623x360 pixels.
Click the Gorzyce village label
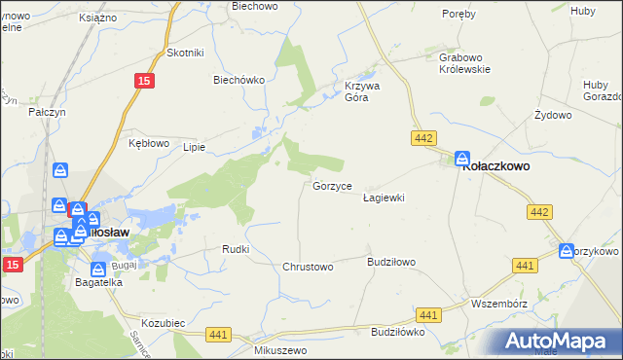click(338, 186)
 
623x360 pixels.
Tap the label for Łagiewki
click(383, 198)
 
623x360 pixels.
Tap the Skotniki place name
click(185, 53)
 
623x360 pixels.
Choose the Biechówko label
click(239, 81)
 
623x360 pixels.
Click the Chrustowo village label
click(308, 267)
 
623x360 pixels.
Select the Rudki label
click(236, 249)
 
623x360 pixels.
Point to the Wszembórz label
click(498, 302)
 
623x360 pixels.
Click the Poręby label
click(458, 14)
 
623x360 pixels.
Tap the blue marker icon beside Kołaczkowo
click(461, 159)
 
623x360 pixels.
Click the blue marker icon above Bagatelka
click(98, 270)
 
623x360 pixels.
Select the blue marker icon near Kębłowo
click(60, 171)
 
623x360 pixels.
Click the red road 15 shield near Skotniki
click(144, 83)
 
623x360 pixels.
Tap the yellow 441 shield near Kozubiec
click(218, 334)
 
